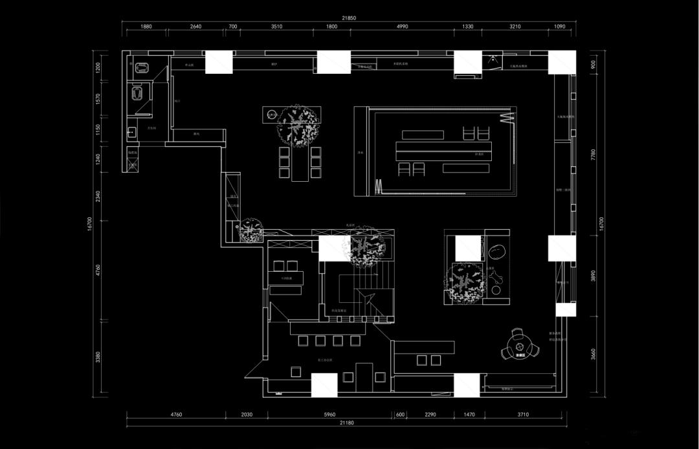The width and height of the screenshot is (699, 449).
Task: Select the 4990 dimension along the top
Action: (x=402, y=27)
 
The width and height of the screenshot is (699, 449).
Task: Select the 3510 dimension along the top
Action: (x=276, y=27)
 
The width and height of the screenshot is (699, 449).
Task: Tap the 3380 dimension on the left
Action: (x=98, y=357)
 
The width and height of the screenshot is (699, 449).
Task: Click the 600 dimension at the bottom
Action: (x=400, y=414)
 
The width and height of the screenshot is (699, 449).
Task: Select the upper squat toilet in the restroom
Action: (x=142, y=67)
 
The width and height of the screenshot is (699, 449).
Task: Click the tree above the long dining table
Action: (x=298, y=124)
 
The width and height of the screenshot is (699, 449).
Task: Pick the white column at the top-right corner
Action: (x=561, y=63)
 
